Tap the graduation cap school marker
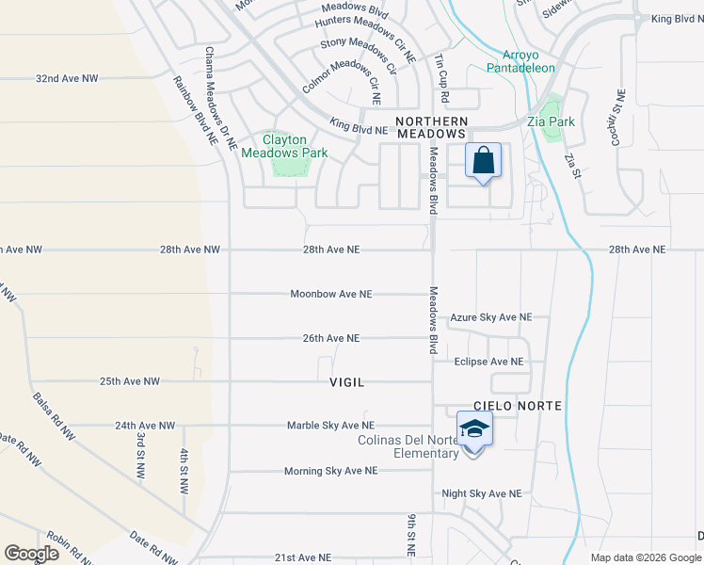click(x=474, y=430)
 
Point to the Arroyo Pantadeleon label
click(x=520, y=60)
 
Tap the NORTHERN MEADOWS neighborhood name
click(x=431, y=128)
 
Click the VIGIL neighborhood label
click(x=346, y=382)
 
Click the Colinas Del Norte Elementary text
click(x=408, y=446)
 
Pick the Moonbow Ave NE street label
click(x=331, y=294)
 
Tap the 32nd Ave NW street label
click(x=67, y=78)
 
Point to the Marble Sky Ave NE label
click(x=330, y=426)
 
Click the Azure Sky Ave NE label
click(x=491, y=318)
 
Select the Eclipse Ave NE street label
click(x=488, y=362)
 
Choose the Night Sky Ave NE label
click(x=482, y=492)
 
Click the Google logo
click(x=32, y=554)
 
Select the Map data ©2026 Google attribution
click(x=644, y=557)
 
